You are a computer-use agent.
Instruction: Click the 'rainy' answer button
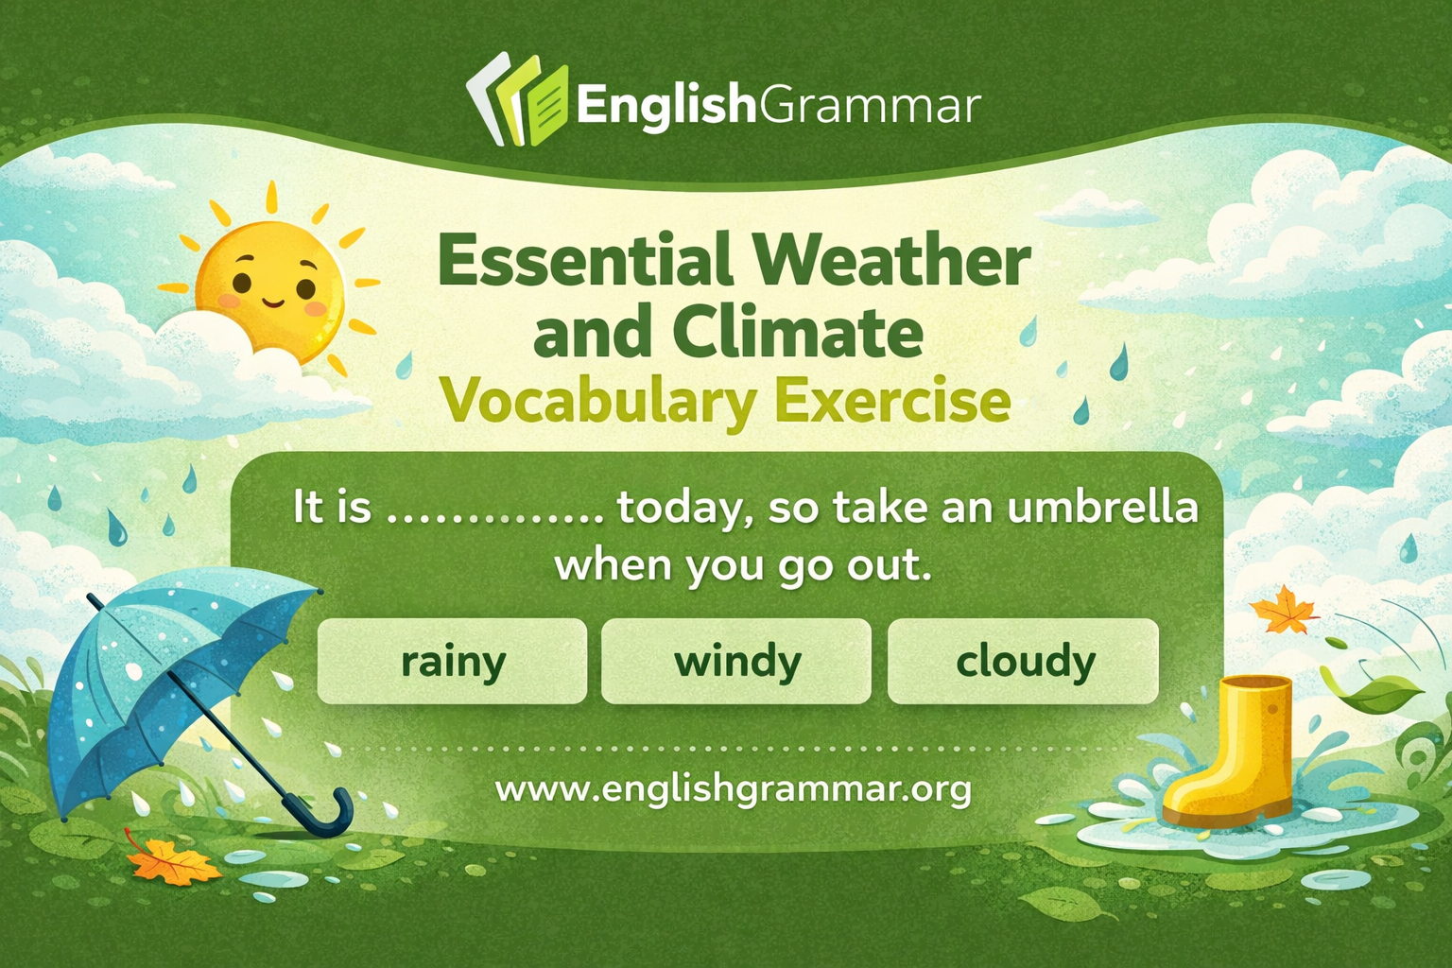pyautogui.click(x=452, y=662)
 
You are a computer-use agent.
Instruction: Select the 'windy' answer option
pyautogui.click(x=736, y=662)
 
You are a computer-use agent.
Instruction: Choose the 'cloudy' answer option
pyautogui.click(x=1024, y=662)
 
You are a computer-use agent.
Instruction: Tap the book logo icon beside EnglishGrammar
pyautogui.click(x=518, y=101)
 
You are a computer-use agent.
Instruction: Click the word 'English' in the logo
pyautogui.click(x=665, y=104)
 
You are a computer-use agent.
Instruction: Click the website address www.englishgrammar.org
pyautogui.click(x=734, y=787)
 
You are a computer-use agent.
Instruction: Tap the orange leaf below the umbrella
pyautogui.click(x=170, y=861)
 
